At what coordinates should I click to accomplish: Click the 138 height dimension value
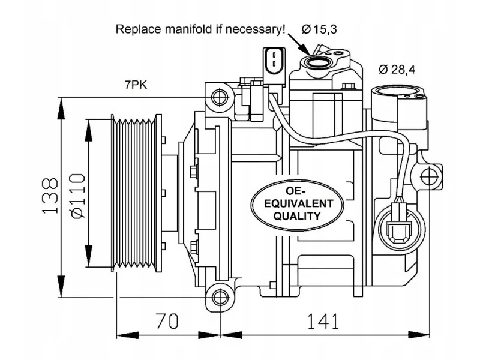click(49, 196)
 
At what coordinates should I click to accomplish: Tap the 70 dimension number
click(167, 321)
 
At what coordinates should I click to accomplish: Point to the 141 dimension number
click(323, 321)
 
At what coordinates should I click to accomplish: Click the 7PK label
click(136, 85)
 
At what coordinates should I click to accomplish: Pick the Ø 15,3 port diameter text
click(319, 29)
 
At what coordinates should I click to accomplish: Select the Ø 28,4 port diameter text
click(397, 70)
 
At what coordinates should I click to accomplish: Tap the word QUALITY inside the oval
click(296, 216)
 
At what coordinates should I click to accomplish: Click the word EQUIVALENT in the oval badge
click(298, 203)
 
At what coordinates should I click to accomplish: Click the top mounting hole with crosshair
click(220, 97)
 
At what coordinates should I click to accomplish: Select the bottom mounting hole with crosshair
click(220, 297)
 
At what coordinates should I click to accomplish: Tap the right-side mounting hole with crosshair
click(429, 177)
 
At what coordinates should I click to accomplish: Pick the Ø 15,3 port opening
click(317, 62)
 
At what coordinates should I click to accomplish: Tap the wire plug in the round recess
click(398, 223)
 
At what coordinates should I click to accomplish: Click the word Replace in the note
click(138, 29)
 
